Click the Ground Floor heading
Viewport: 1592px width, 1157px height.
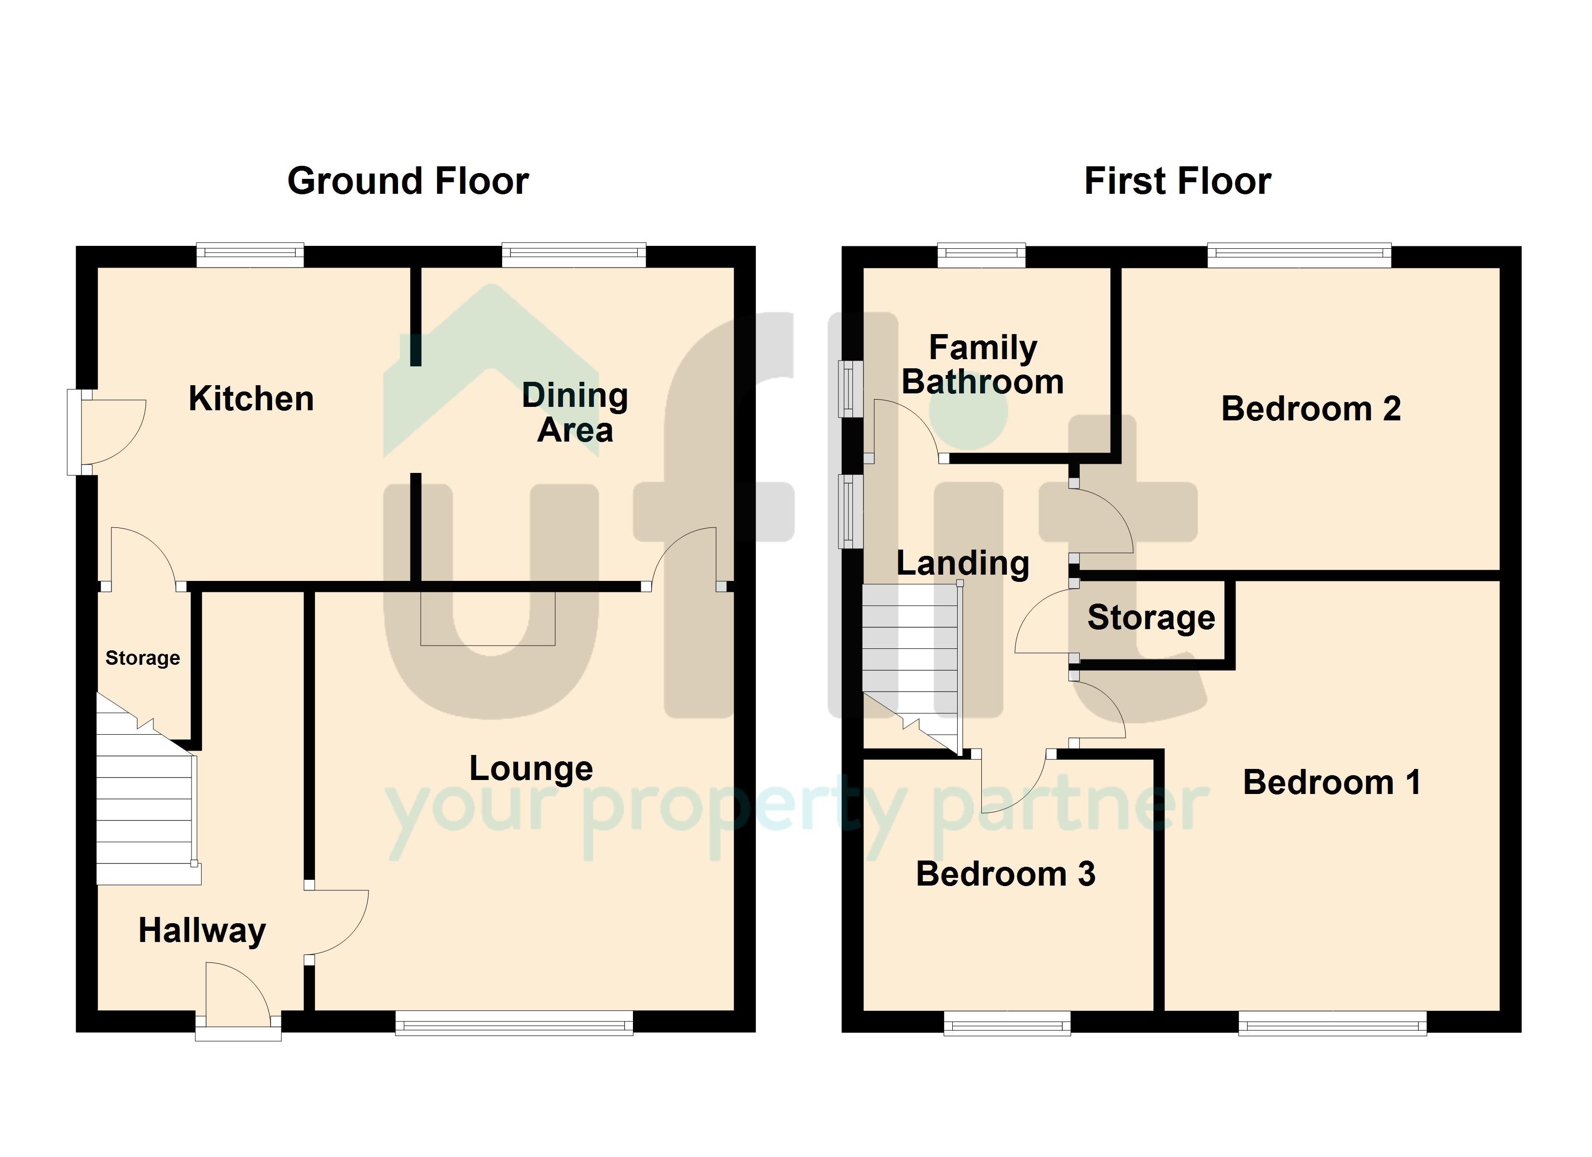tap(408, 181)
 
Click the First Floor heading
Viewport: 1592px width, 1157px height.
tap(1177, 181)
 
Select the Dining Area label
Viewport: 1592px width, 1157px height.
tap(575, 413)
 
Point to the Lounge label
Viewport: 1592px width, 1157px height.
tap(531, 769)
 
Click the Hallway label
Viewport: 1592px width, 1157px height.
tap(202, 931)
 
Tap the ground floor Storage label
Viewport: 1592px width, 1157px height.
tap(142, 658)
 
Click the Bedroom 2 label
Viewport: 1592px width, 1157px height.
tap(1311, 408)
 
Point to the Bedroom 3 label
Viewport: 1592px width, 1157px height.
tap(1006, 874)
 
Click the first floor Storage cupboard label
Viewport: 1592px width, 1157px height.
tap(1151, 618)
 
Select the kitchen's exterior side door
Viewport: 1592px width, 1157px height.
tap(107, 431)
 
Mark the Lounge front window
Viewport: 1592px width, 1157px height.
tap(515, 1023)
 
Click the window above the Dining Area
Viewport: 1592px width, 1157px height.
tap(574, 255)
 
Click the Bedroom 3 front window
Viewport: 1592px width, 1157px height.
tap(1007, 1023)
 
